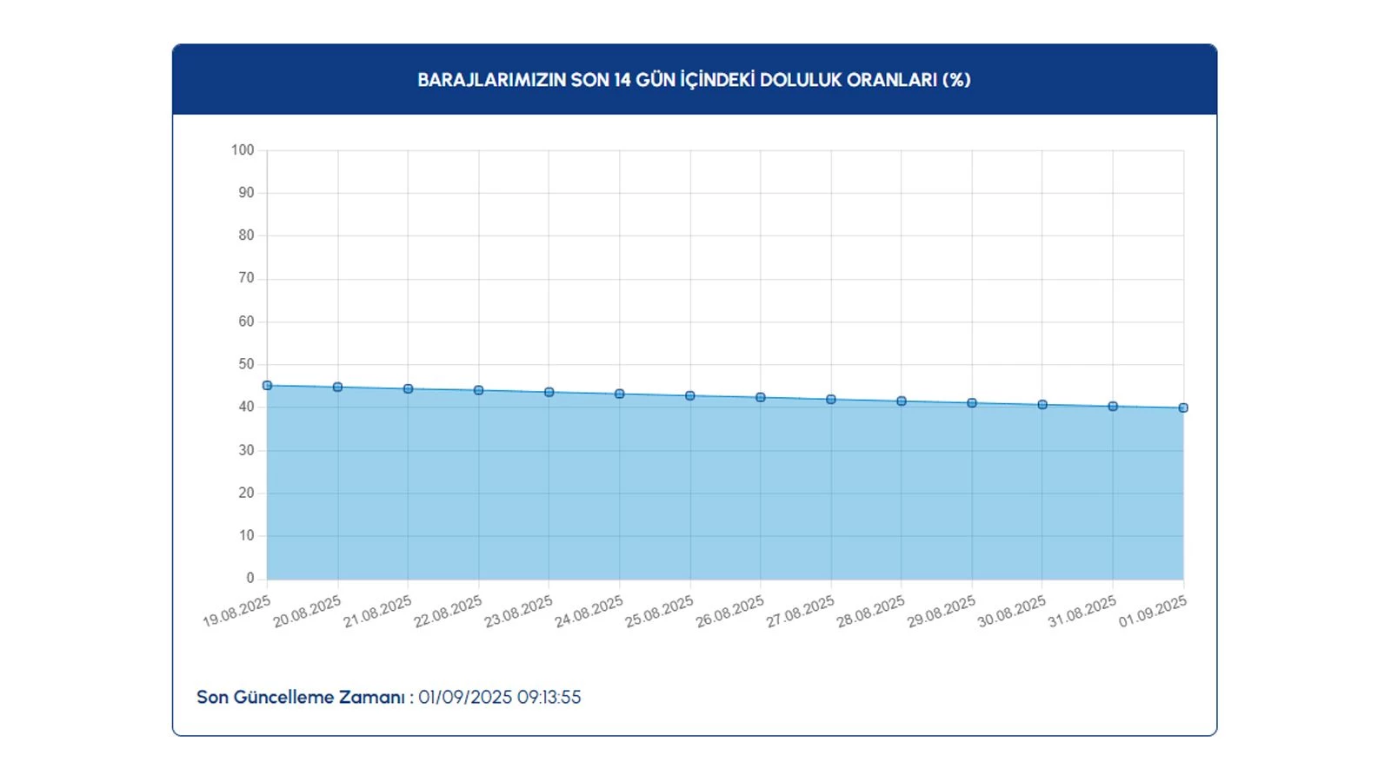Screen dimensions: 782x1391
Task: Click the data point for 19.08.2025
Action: (267, 386)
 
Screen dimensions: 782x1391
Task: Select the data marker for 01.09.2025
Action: (1183, 408)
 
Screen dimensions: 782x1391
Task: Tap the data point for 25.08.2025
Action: (690, 396)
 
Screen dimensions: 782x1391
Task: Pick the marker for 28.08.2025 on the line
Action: (902, 401)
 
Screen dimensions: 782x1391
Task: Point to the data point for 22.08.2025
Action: (478, 391)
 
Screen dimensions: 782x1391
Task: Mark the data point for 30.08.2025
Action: (1042, 405)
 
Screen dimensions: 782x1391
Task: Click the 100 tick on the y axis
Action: (243, 150)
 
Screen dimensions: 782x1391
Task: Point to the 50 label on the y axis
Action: (246, 364)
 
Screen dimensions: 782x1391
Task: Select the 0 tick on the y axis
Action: (250, 578)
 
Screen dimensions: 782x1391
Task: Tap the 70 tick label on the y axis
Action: (246, 278)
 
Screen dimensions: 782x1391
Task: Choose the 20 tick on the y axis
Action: (246, 493)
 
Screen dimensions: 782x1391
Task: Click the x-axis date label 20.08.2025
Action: (307, 612)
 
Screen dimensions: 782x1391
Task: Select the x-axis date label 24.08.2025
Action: (589, 612)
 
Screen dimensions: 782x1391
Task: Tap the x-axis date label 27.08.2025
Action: (800, 612)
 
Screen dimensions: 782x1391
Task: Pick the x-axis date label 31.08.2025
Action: (1082, 612)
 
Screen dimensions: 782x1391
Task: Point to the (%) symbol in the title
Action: (956, 80)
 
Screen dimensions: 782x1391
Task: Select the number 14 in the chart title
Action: (622, 80)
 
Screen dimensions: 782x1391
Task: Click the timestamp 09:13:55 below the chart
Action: (549, 698)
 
